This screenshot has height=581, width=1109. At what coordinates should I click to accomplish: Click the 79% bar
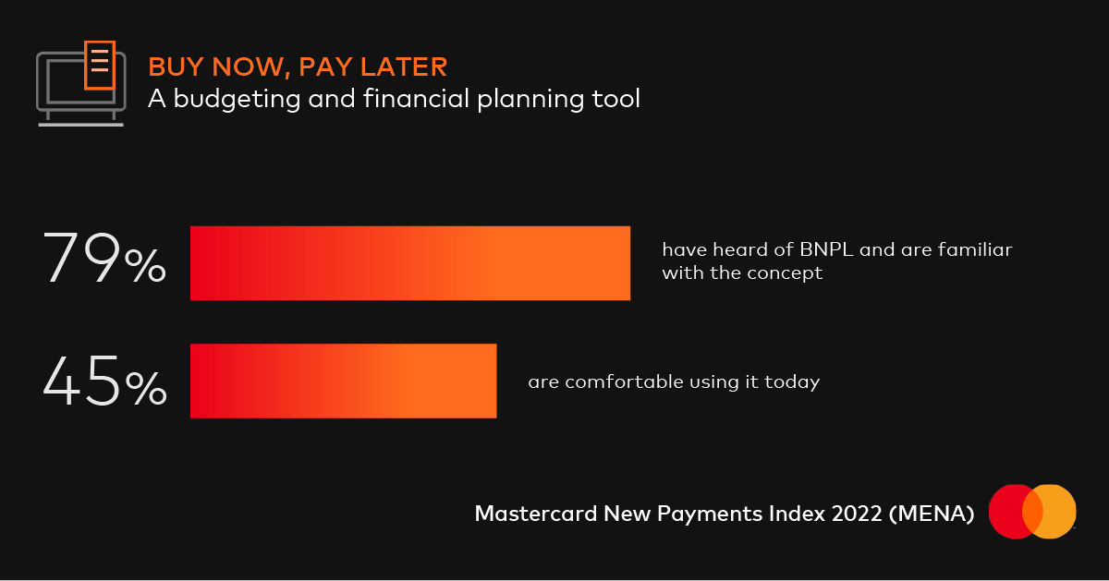pos(410,262)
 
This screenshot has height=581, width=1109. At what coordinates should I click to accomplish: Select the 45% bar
pos(344,381)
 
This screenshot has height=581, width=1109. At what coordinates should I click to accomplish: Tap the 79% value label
pos(104,258)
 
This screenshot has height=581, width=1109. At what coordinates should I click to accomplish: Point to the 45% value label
pos(104,381)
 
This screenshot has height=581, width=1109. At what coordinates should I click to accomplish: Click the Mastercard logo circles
pos(1032,511)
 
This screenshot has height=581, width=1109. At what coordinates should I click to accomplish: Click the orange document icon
pos(100,66)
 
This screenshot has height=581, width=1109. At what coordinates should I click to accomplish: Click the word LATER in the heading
pos(404,67)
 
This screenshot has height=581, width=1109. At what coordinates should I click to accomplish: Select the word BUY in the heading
pos(177,67)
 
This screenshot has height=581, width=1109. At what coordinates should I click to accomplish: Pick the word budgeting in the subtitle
pos(237,99)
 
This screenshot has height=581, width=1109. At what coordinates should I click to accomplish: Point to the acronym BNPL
pos(826,249)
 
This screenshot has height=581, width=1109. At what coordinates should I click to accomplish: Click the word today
pos(792,382)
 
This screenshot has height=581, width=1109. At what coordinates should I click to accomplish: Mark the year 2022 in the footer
pos(857,514)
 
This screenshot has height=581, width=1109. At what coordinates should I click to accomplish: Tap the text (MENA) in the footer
pos(932,514)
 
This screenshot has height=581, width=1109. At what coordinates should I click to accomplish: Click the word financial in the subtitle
pos(416,98)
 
